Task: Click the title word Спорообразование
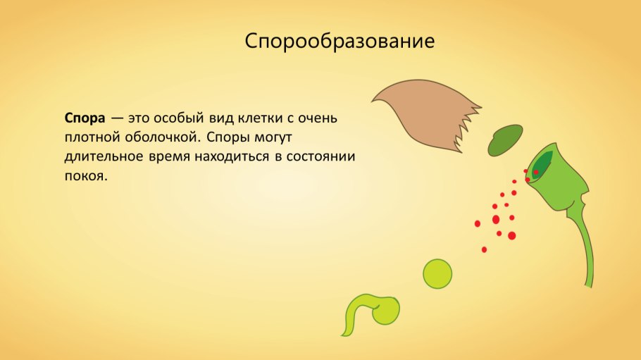click(340, 41)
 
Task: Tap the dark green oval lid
click(506, 140)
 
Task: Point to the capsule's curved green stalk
click(584, 247)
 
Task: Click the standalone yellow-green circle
click(437, 273)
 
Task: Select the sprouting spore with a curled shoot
click(373, 310)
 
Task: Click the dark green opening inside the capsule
click(541, 164)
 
